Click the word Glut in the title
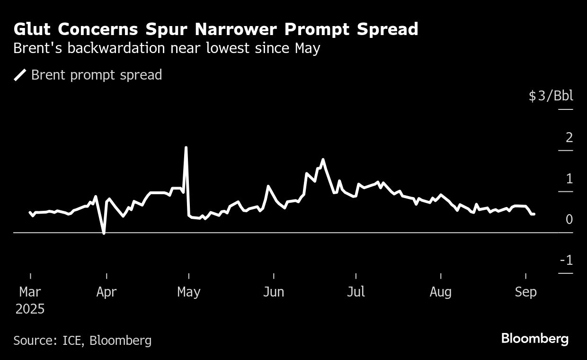click(33, 29)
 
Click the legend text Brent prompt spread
click(97, 75)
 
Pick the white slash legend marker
click(20, 75)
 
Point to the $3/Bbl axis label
click(551, 96)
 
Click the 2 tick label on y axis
click(569, 137)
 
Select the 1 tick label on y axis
click(569, 179)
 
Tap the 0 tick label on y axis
click(569, 219)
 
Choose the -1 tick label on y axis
click(566, 261)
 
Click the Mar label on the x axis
click(30, 292)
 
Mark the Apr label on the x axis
click(106, 292)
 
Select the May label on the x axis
click(188, 292)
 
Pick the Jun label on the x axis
click(274, 292)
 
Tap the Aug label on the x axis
click(440, 292)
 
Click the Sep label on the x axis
click(525, 292)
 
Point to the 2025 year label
click(30, 309)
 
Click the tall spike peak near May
click(186, 148)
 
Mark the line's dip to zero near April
click(104, 233)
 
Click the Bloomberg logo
click(534, 339)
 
